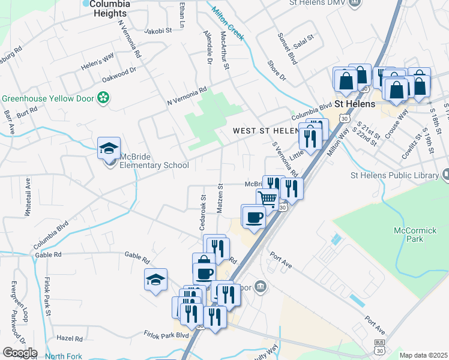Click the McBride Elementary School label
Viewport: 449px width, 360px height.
click(x=154, y=161)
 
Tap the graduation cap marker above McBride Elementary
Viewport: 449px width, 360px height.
click(x=109, y=148)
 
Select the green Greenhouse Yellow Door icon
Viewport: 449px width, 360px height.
click(x=103, y=97)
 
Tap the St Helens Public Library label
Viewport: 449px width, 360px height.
click(x=394, y=175)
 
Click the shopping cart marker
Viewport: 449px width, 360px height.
click(x=268, y=198)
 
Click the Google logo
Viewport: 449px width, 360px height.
click(x=19, y=353)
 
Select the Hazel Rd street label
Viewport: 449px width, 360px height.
click(x=69, y=338)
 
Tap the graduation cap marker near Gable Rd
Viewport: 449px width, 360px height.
click(x=155, y=279)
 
